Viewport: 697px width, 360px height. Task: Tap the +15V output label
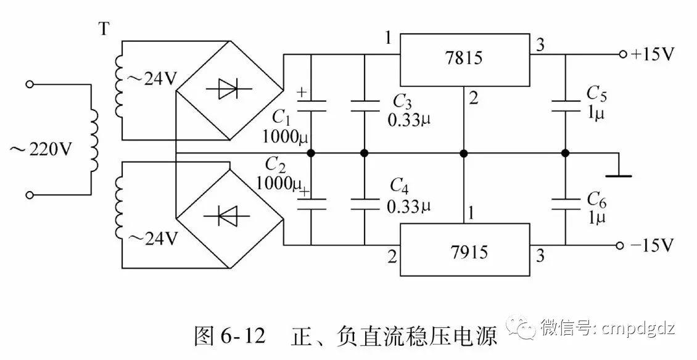pyautogui.click(x=653, y=54)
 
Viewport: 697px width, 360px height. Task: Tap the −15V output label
pyautogui.click(x=653, y=246)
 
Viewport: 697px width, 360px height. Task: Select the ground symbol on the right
pyautogui.click(x=618, y=174)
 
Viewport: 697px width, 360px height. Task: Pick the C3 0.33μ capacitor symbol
pyautogui.click(x=364, y=105)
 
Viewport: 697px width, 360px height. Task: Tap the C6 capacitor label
pyautogui.click(x=596, y=198)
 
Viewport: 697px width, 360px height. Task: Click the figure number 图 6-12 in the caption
pyautogui.click(x=229, y=337)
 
